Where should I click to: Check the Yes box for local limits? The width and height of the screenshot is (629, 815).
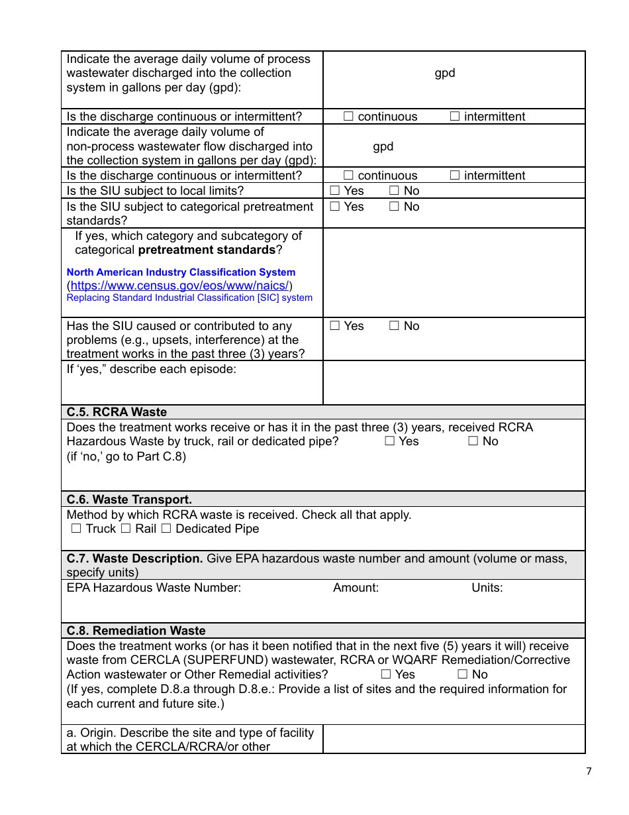(x=335, y=191)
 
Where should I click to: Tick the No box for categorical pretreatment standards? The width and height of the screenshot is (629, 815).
(x=394, y=207)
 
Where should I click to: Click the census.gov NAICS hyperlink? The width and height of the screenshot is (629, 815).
(x=179, y=286)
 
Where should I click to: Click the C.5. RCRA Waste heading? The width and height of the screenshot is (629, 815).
(x=117, y=412)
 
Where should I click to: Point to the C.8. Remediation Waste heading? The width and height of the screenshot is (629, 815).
(x=136, y=631)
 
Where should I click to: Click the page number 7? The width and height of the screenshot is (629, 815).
(x=589, y=771)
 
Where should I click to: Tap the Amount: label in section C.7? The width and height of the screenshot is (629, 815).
(x=356, y=588)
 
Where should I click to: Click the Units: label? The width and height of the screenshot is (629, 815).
(x=487, y=588)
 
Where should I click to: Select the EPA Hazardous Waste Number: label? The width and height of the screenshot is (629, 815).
(x=154, y=588)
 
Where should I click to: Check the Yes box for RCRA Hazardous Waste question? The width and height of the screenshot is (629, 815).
(x=390, y=441)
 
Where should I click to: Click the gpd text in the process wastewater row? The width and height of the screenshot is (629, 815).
(x=444, y=73)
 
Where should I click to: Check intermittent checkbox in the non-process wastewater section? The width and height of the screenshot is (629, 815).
(x=455, y=176)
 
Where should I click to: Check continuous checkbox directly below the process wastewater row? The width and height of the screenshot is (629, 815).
(x=348, y=117)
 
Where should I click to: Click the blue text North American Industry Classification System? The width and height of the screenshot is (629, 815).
(x=181, y=272)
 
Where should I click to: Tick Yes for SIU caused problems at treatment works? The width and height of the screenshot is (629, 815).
(x=335, y=326)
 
